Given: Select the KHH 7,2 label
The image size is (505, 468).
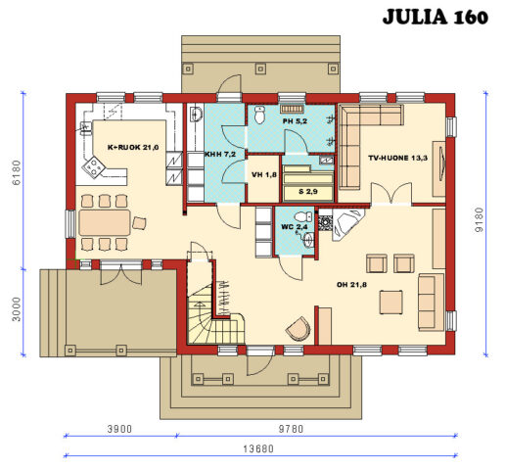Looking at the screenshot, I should click(219, 155).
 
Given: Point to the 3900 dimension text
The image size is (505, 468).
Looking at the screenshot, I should click(119, 429).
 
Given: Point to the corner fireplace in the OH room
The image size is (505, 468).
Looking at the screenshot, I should click(345, 226).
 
